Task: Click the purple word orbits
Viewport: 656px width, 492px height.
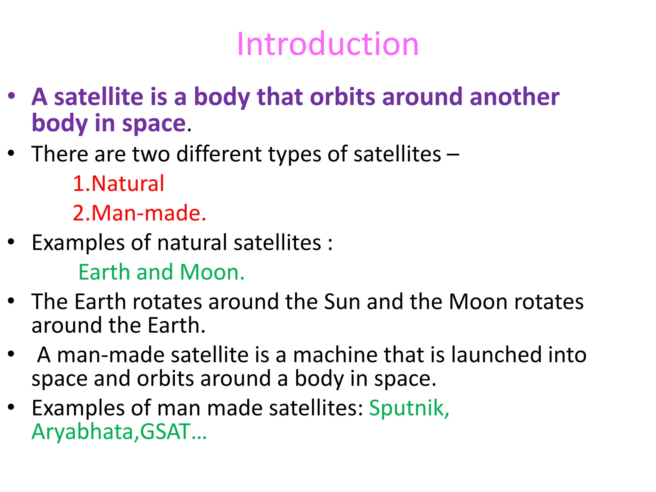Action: (x=342, y=97)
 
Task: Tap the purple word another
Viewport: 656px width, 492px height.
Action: (x=514, y=97)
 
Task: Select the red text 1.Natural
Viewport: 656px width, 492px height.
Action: (x=118, y=184)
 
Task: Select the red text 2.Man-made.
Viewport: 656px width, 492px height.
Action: (x=139, y=213)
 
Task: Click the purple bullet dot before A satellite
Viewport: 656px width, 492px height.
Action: (x=12, y=95)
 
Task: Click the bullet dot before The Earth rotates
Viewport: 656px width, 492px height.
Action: (x=12, y=301)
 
